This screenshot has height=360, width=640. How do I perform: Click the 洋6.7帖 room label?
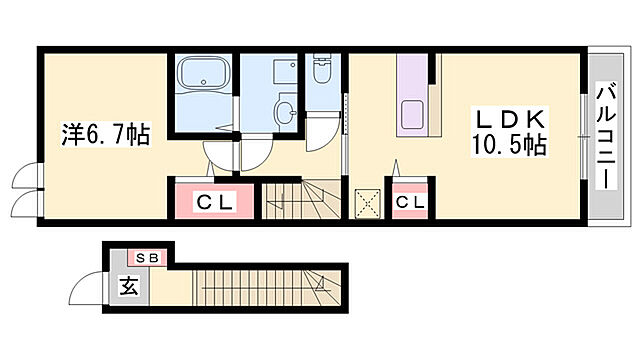pos(106,135)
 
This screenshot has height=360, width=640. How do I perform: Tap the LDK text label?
pos(510,120)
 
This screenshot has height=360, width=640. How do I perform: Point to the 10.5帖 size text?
pos(509,144)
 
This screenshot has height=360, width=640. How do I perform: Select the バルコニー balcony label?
pos(606,136)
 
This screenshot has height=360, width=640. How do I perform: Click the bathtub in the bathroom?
pos(203,73)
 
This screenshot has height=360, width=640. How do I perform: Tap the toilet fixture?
pos(322,69)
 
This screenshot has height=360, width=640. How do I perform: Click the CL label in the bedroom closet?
pos(214,202)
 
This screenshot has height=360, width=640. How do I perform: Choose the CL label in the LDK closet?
pos(409,202)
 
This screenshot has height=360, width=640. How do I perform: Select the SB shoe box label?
pos(146,258)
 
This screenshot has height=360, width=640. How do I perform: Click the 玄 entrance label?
pos(129,286)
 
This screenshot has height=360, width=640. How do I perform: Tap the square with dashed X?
pos(367,203)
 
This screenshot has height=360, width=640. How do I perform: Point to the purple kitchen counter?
pos(412,95)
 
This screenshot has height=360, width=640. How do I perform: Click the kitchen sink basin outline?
pos(412,113)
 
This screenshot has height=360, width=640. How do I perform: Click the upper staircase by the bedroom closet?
pos(301,199)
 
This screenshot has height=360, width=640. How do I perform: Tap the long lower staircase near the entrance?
pos(267,287)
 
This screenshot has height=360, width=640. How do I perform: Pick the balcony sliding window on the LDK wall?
pos(584,136)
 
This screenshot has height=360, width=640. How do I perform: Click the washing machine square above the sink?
pos(285,71)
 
